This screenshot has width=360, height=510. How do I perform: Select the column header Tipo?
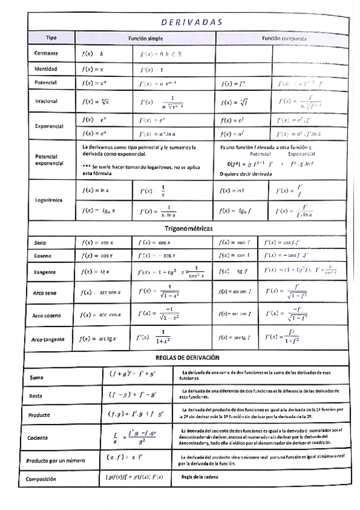[51, 38]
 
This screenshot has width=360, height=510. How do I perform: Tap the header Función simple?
[145, 38]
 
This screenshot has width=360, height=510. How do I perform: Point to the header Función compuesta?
[284, 38]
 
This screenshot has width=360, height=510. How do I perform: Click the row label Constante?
[46, 54]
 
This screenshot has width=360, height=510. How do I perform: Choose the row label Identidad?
[46, 69]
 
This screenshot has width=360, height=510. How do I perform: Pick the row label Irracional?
[46, 102]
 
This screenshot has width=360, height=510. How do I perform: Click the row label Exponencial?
[49, 127]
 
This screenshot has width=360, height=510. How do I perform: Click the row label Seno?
[40, 243]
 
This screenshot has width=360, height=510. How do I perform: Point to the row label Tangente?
[45, 272]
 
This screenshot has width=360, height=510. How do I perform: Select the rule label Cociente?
[40, 438]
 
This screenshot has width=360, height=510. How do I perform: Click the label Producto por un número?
[59, 461]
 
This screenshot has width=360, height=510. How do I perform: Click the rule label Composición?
[46, 479]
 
